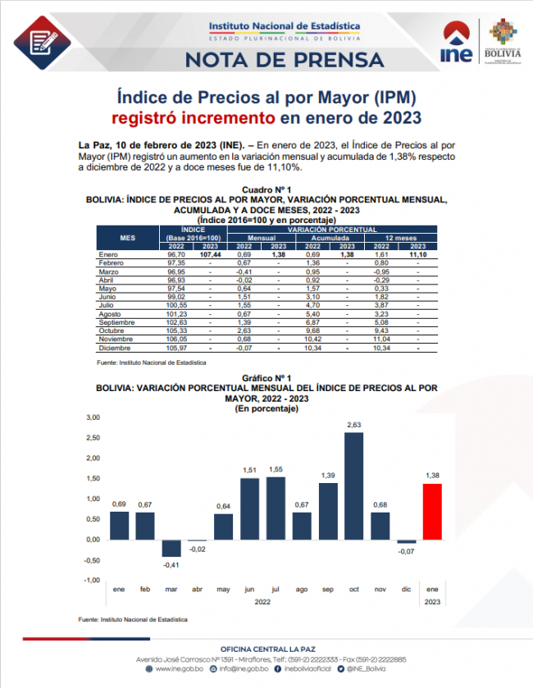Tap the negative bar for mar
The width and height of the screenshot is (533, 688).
[x=171, y=549]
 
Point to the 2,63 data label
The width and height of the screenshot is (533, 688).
[x=354, y=425]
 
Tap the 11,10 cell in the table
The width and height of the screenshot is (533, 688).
[x=418, y=256]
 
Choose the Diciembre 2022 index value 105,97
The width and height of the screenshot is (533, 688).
[x=175, y=348]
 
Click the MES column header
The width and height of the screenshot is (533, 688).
[x=127, y=238]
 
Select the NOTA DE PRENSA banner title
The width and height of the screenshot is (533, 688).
[x=285, y=59]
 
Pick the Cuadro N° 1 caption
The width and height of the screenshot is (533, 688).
[x=266, y=190]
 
